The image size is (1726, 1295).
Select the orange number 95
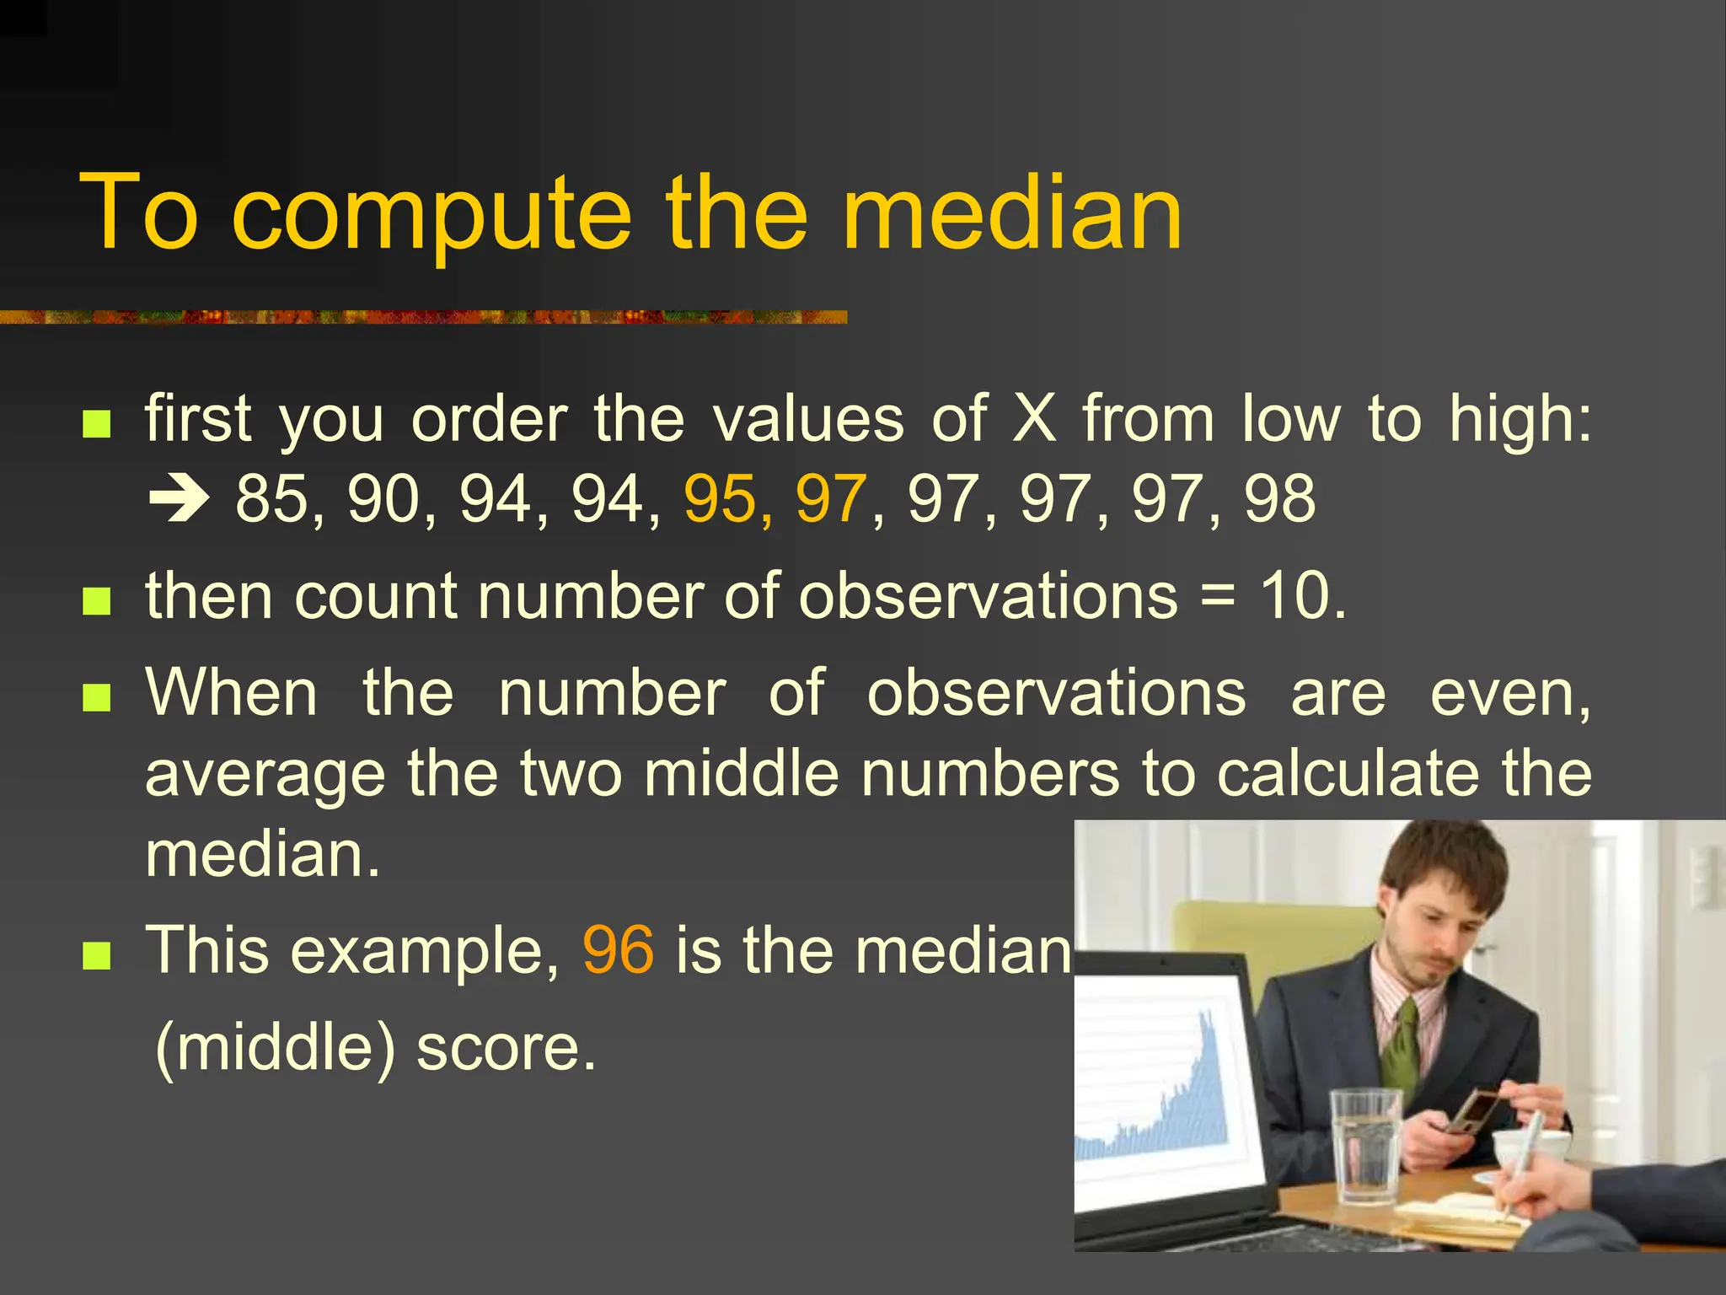pyautogui.click(x=720, y=499)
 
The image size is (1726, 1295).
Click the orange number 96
pyautogui.click(x=618, y=950)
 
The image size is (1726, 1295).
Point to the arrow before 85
pyautogui.click(x=178, y=500)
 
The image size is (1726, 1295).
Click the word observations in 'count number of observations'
pyautogui.click(x=988, y=596)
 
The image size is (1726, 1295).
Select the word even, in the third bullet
pyautogui.click(x=1510, y=694)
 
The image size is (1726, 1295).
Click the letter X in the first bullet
pyautogui.click(x=1034, y=418)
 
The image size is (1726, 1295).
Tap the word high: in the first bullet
pyautogui.click(x=1520, y=420)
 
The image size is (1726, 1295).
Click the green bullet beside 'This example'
pyautogui.click(x=97, y=956)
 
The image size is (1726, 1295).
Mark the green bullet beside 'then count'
pyautogui.click(x=97, y=602)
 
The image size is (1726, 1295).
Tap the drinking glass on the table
pyautogui.click(x=1364, y=1142)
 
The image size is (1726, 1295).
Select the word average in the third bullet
pyautogui.click(x=265, y=775)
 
